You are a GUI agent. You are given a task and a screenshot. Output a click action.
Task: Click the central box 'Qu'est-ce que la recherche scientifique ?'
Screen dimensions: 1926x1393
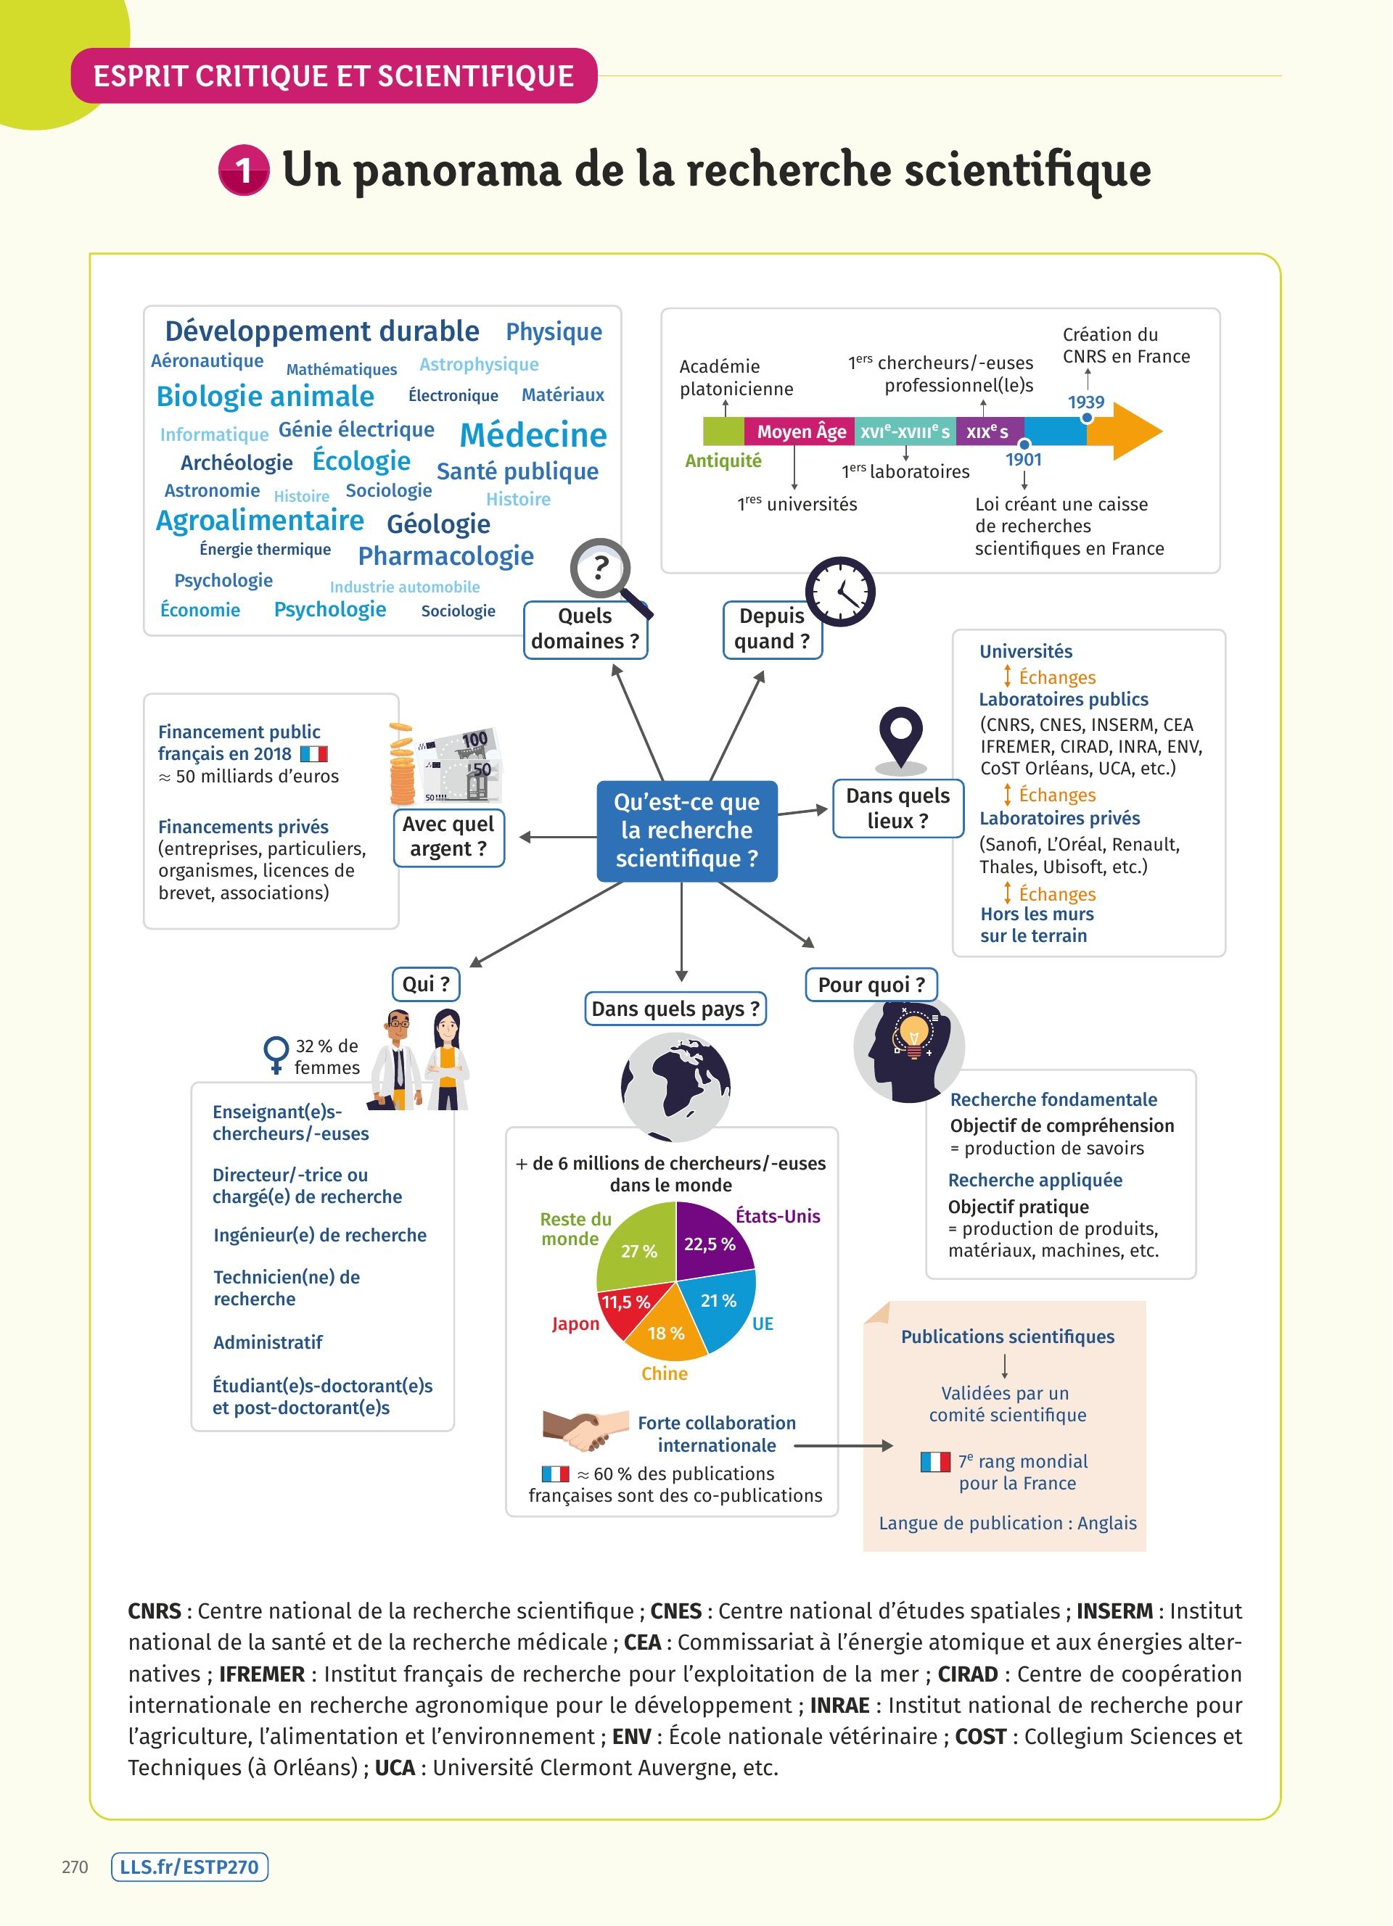(x=686, y=830)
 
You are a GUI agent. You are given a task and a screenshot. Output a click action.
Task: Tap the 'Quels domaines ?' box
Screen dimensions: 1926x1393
(x=585, y=629)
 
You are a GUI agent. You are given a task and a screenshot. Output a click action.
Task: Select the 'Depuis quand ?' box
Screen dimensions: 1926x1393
(x=772, y=629)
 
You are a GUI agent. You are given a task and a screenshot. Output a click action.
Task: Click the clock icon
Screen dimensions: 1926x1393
(x=839, y=592)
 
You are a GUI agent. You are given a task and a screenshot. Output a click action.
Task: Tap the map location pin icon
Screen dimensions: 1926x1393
(x=900, y=735)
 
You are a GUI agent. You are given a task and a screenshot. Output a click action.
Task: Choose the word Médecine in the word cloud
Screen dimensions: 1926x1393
(x=533, y=436)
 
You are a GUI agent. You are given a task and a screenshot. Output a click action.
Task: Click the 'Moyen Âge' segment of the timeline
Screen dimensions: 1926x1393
(x=800, y=432)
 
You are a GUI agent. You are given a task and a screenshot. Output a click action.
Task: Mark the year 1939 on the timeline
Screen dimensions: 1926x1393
(x=1086, y=402)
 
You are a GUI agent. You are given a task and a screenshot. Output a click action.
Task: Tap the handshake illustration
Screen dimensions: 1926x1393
(x=577, y=1430)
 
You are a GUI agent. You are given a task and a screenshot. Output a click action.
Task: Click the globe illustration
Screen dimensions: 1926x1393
(x=676, y=1086)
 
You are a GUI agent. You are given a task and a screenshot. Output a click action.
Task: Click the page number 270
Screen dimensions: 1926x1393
(x=75, y=1867)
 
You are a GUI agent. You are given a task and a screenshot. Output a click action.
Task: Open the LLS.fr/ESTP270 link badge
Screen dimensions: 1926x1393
(x=189, y=1867)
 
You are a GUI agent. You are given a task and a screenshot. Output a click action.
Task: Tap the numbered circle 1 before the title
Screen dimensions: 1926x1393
(x=244, y=170)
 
